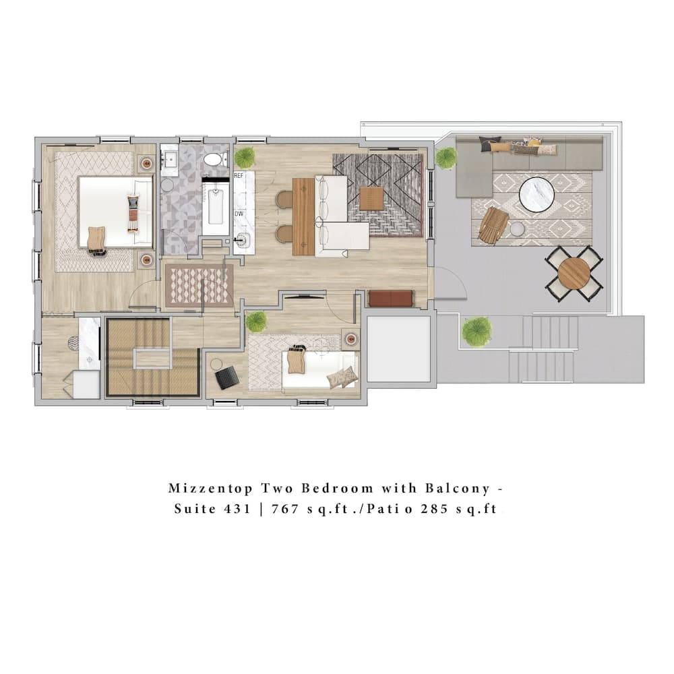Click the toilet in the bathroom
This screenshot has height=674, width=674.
coord(215,160)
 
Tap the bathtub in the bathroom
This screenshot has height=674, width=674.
coord(216,206)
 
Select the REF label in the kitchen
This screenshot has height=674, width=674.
coord(238,175)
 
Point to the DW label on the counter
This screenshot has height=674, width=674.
coord(239,214)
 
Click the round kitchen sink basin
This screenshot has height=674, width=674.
coord(241,238)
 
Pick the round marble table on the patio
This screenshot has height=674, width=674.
coord(537,194)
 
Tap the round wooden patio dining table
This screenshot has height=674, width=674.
coord(574,273)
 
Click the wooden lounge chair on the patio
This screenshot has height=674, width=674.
coord(494,224)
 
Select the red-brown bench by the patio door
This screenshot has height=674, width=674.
coord(391,299)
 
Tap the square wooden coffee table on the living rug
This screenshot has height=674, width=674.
coord(371,198)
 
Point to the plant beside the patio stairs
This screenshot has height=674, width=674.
coord(477,331)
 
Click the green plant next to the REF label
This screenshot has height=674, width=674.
coord(245,157)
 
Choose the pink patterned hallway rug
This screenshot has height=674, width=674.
coord(200,285)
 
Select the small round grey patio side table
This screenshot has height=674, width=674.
coord(517,230)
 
